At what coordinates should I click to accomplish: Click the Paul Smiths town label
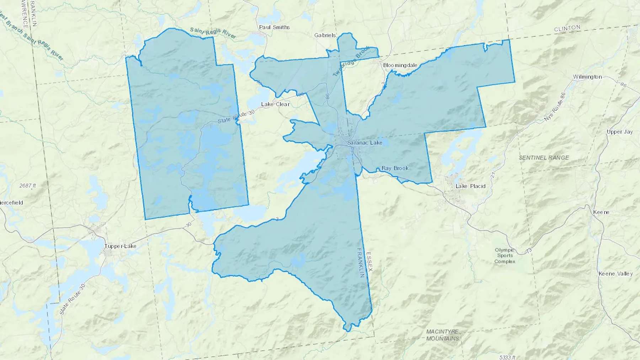click(274, 27)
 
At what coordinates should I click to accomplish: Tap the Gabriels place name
click(325, 35)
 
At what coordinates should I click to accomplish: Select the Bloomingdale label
click(400, 65)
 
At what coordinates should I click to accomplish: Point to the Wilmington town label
click(587, 77)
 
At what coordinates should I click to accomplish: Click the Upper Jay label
click(619, 131)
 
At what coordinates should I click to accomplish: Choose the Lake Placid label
click(470, 186)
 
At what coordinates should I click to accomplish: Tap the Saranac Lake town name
click(364, 143)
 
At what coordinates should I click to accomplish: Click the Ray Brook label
click(395, 168)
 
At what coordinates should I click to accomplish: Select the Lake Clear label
click(275, 104)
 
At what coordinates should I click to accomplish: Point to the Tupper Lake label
click(120, 246)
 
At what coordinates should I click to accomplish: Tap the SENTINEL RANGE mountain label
click(544, 157)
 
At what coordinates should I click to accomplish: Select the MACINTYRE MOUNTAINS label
click(442, 335)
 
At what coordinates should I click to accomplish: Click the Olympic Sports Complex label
click(505, 256)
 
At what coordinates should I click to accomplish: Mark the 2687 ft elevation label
click(28, 186)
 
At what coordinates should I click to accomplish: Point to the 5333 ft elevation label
click(507, 357)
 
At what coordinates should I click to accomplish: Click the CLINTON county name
click(567, 28)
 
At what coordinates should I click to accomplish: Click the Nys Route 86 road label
click(554, 107)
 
